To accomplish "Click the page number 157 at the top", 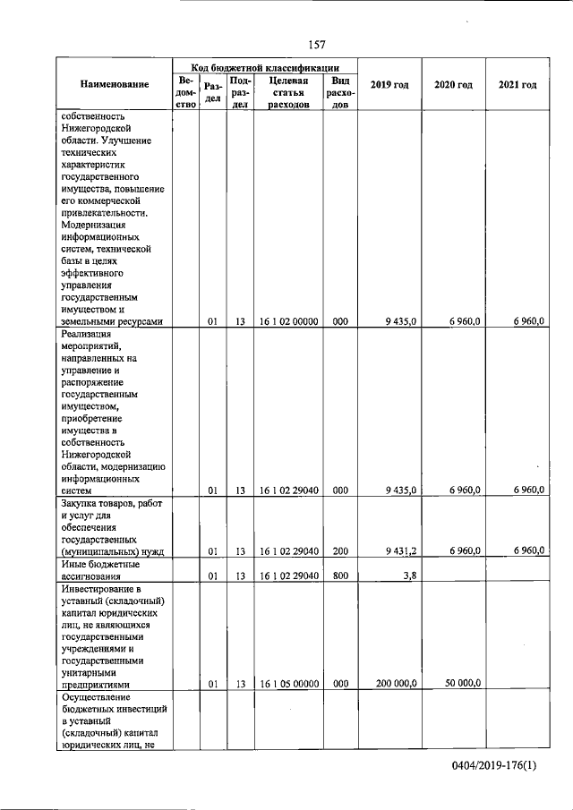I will point(315,44).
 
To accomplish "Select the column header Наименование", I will point(114,85).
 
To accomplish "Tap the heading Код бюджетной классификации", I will point(265,66).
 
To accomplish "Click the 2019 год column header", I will point(390,85).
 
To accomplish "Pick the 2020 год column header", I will point(453,85).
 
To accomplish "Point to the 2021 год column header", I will point(517,85).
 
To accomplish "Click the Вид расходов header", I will point(340,92).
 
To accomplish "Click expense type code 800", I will point(340,577).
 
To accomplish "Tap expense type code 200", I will point(340,551).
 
